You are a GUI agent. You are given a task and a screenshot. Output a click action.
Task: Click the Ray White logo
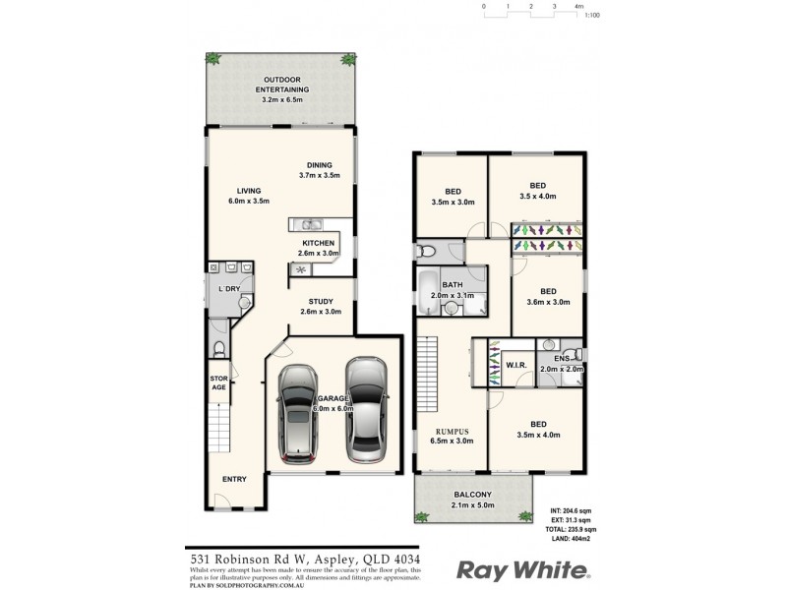(x=523, y=570)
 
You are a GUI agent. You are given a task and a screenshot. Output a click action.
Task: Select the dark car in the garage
(x=297, y=414)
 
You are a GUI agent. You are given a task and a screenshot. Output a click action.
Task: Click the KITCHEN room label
(x=318, y=243)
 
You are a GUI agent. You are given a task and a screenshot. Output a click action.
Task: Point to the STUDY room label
(x=321, y=302)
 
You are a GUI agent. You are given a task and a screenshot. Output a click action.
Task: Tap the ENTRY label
(x=234, y=479)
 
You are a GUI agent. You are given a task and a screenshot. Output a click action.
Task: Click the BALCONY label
(x=472, y=495)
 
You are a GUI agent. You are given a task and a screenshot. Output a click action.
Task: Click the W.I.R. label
(x=517, y=366)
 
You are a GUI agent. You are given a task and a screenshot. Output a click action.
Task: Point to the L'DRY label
(x=228, y=288)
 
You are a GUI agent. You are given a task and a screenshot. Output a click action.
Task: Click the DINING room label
(x=319, y=164)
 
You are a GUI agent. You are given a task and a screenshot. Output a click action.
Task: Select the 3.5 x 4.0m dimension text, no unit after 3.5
(x=537, y=196)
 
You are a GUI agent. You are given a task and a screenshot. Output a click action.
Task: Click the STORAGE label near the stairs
(x=218, y=383)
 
